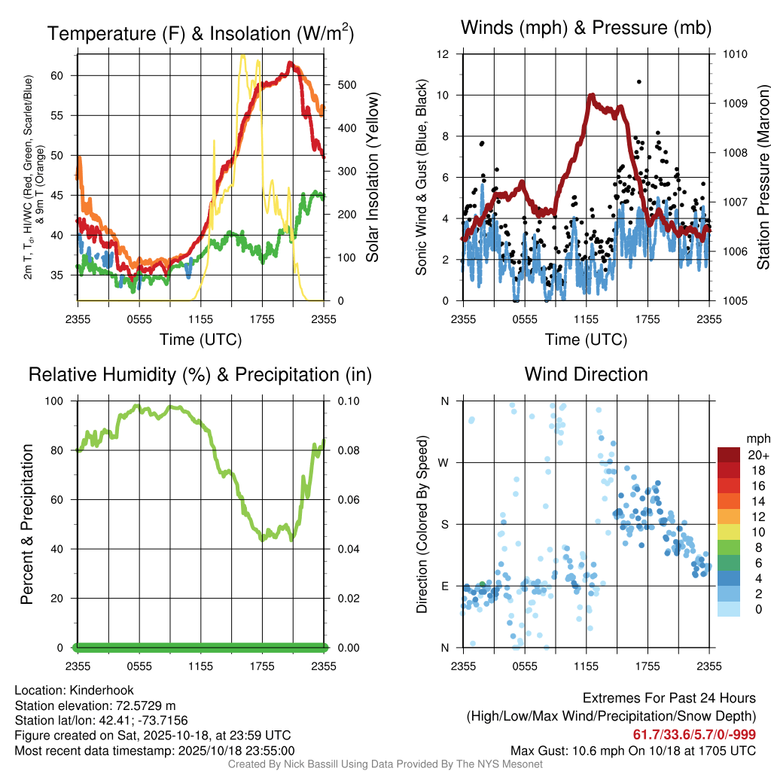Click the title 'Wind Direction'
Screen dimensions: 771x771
click(586, 374)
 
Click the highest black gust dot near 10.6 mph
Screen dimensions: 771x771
click(638, 81)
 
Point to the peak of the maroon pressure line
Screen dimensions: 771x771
click(592, 96)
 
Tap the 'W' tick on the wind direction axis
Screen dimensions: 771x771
click(445, 462)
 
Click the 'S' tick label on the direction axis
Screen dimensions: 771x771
click(445, 524)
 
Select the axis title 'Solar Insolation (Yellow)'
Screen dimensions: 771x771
click(373, 178)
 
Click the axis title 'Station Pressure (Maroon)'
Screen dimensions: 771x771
click(763, 178)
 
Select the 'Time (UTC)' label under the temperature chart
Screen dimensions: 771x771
click(200, 340)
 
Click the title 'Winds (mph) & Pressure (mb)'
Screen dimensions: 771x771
click(586, 28)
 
